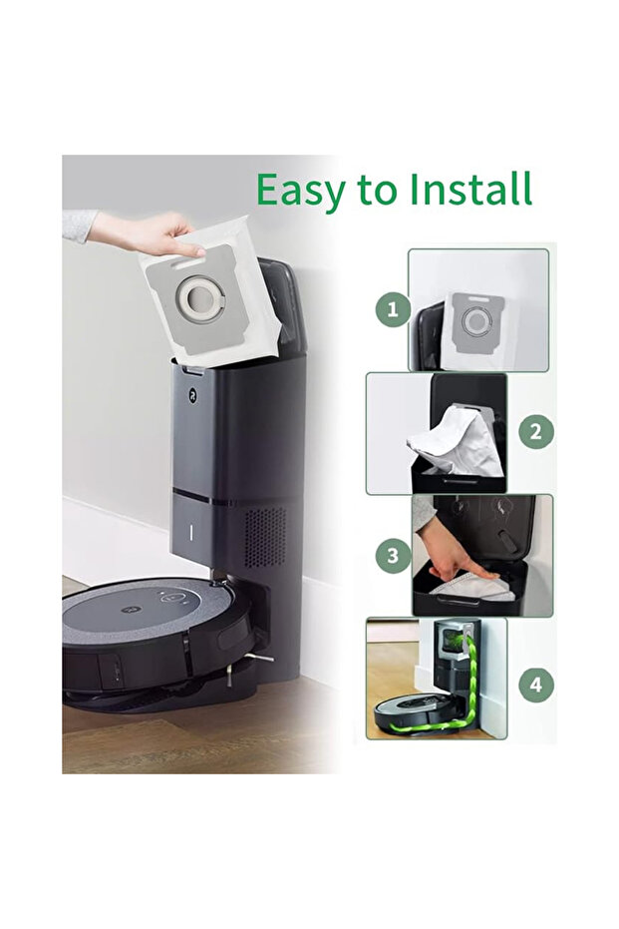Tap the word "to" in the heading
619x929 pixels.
377,191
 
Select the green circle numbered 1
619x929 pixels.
393,308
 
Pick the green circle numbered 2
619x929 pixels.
536,431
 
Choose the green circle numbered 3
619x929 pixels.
393,556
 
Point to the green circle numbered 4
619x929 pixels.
536,685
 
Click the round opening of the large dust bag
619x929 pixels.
198,295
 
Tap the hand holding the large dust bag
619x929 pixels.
148,234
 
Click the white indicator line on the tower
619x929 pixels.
191,532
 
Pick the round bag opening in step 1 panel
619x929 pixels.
475,321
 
